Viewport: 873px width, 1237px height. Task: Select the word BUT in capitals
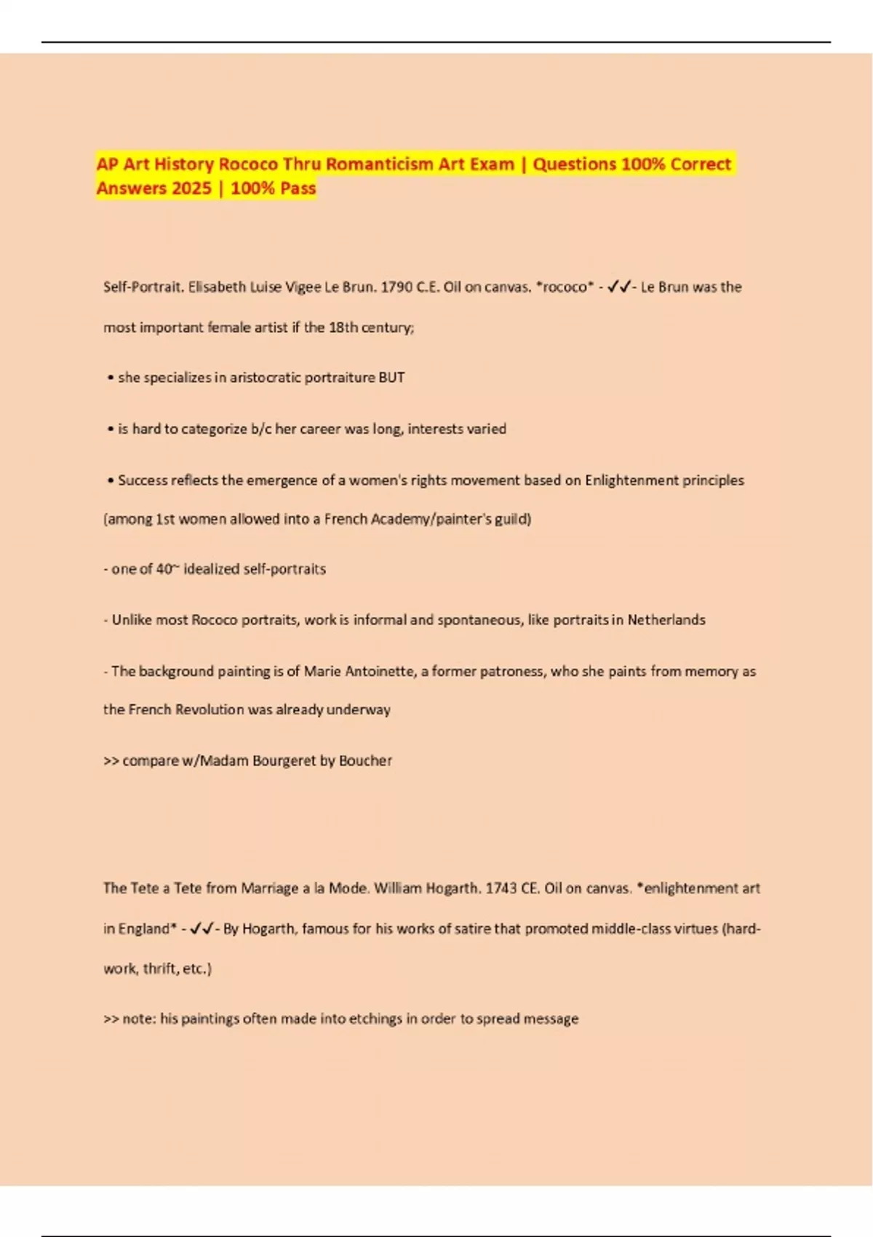[x=391, y=378]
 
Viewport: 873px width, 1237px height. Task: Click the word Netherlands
[x=666, y=620]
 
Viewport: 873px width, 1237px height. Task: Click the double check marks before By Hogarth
[x=202, y=928]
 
